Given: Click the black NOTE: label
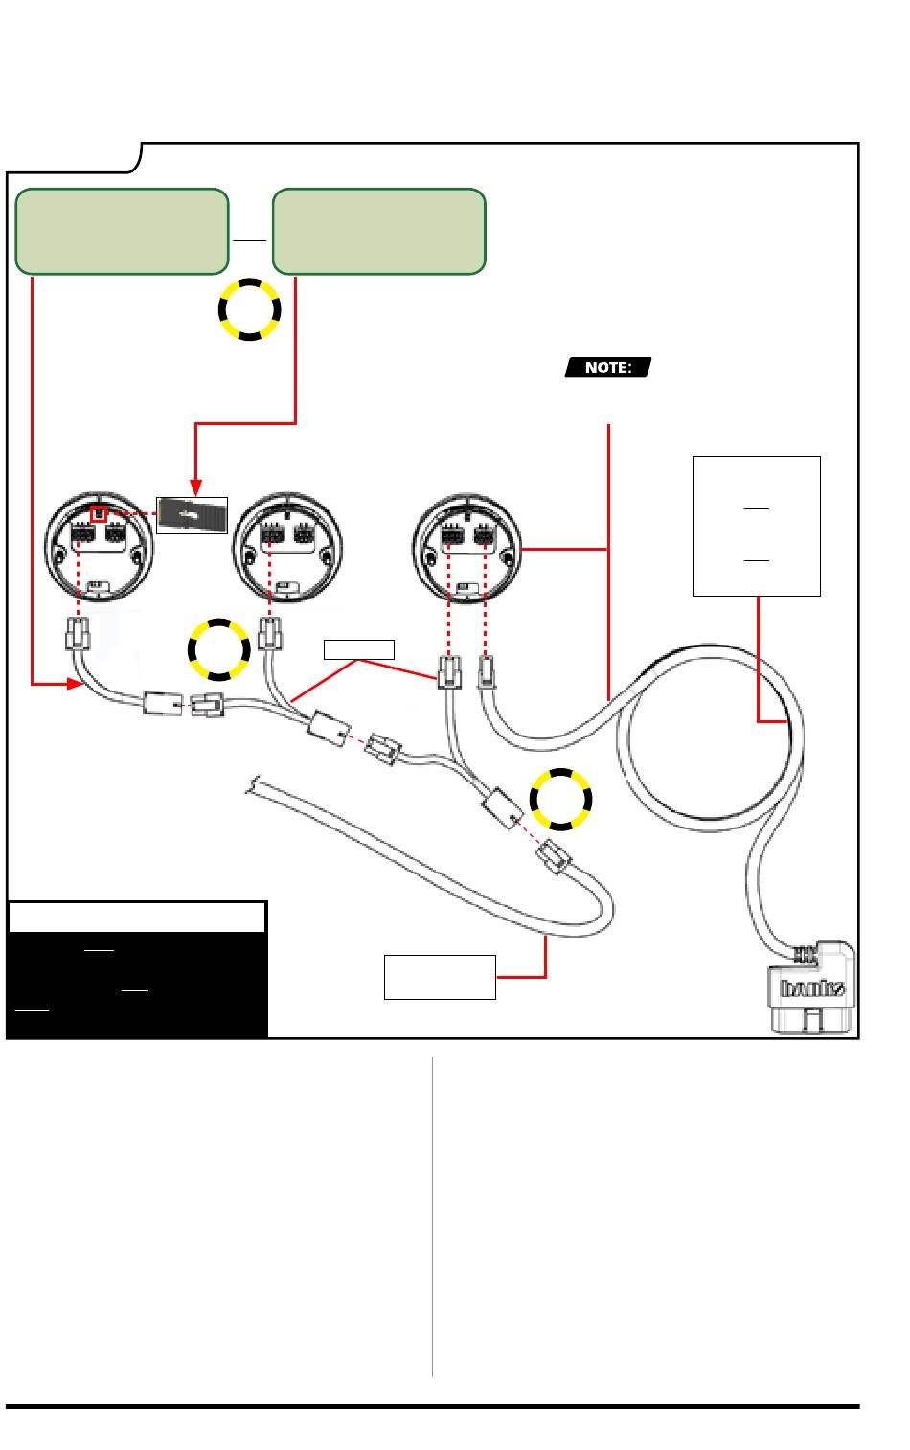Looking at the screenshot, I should [x=608, y=367].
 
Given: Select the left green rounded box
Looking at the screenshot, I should [x=123, y=231].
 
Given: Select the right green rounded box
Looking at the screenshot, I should [x=378, y=231].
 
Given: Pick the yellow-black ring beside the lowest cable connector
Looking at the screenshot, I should [x=561, y=799].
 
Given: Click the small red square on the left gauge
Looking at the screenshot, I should [x=98, y=515].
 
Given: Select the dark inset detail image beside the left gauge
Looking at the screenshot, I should [x=193, y=515].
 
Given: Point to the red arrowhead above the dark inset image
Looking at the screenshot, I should [x=195, y=487].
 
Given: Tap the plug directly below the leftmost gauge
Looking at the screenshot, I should [x=79, y=634].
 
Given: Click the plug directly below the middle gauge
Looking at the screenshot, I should [x=270, y=635].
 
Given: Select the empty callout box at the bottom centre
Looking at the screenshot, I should [x=440, y=977].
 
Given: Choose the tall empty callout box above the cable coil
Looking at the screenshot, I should [x=757, y=526].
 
